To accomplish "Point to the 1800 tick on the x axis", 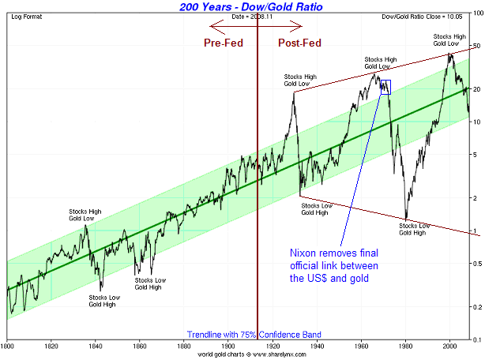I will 7,345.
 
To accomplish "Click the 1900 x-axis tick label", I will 227,345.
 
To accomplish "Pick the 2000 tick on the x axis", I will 449,345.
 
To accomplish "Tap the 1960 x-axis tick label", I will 360,345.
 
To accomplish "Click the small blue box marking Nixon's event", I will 385,87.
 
